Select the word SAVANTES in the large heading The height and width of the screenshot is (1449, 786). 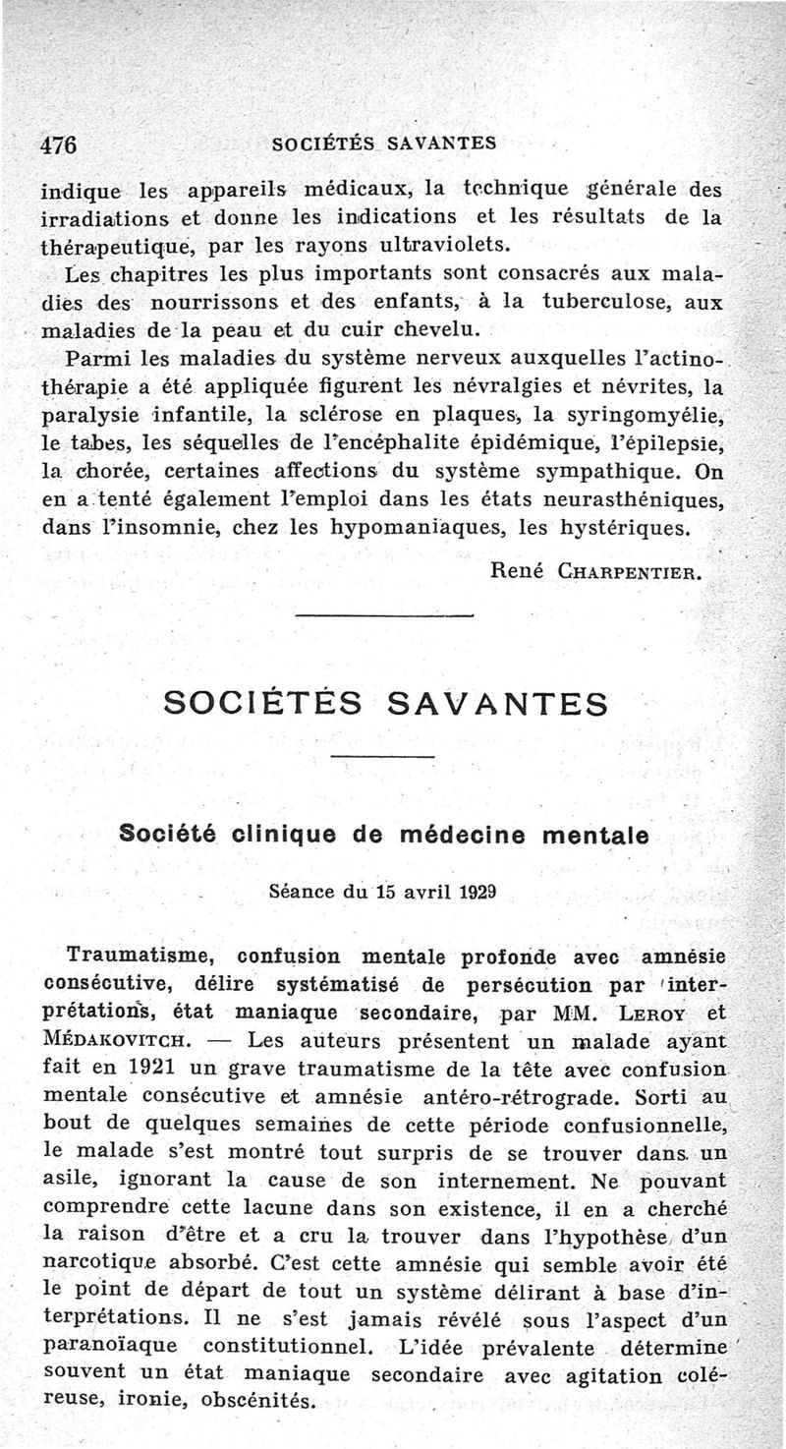coord(497,704)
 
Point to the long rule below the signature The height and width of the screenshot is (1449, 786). coord(383,615)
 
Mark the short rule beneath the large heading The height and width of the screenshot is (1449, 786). coord(383,755)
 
